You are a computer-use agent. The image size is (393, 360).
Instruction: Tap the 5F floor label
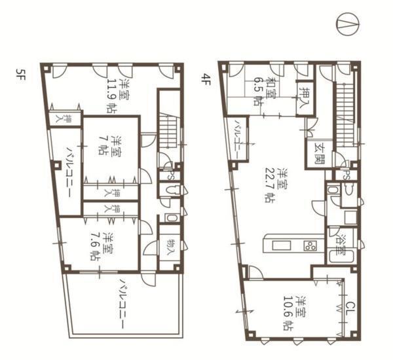pos(20,76)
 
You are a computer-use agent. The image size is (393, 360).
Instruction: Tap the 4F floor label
pos(206,79)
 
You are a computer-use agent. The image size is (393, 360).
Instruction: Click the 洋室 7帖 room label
pos(109,146)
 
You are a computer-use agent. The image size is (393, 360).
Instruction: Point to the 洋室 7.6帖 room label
pos(102,247)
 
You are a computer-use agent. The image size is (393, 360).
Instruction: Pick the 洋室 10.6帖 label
pos(294,313)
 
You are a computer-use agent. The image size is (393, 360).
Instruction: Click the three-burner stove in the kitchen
pos(310,245)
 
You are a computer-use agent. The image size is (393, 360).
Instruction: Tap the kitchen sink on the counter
pos(281,245)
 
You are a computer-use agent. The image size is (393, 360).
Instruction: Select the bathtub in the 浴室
pos(341,257)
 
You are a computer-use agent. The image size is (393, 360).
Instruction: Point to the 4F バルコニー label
pos(237,139)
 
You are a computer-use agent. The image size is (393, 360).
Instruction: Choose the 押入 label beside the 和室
pos(305,98)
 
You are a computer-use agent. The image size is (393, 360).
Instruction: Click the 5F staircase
pos(168,131)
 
